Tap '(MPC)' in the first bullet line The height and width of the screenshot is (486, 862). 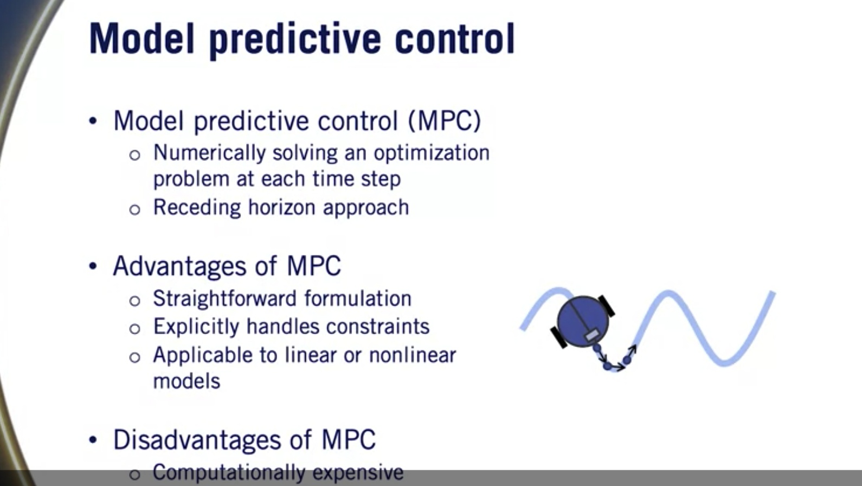coord(445,120)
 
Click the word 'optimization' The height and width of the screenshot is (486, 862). coord(432,153)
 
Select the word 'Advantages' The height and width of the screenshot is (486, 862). coord(179,266)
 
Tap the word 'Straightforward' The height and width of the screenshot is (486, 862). coord(225,298)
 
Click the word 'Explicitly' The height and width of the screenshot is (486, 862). coord(196,327)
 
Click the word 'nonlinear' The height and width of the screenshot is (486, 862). coord(413,355)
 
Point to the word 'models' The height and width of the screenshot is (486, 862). coord(186,381)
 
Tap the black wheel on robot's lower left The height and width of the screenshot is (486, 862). coord(559,337)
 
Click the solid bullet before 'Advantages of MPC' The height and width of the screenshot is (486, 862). coord(93,266)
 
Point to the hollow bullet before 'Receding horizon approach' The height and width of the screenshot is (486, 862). coord(134,209)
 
